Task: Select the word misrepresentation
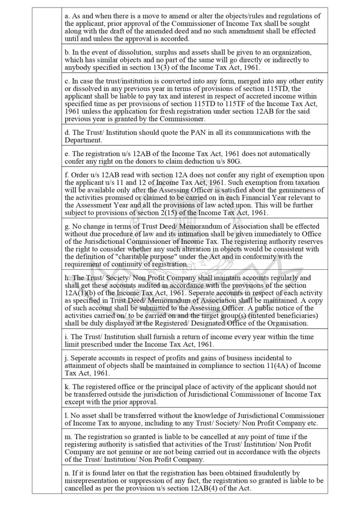94,481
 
